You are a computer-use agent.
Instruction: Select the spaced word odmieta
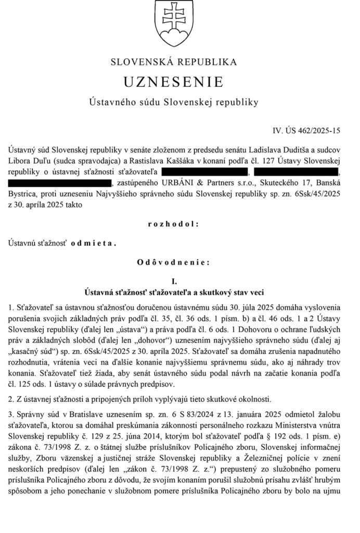94,243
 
